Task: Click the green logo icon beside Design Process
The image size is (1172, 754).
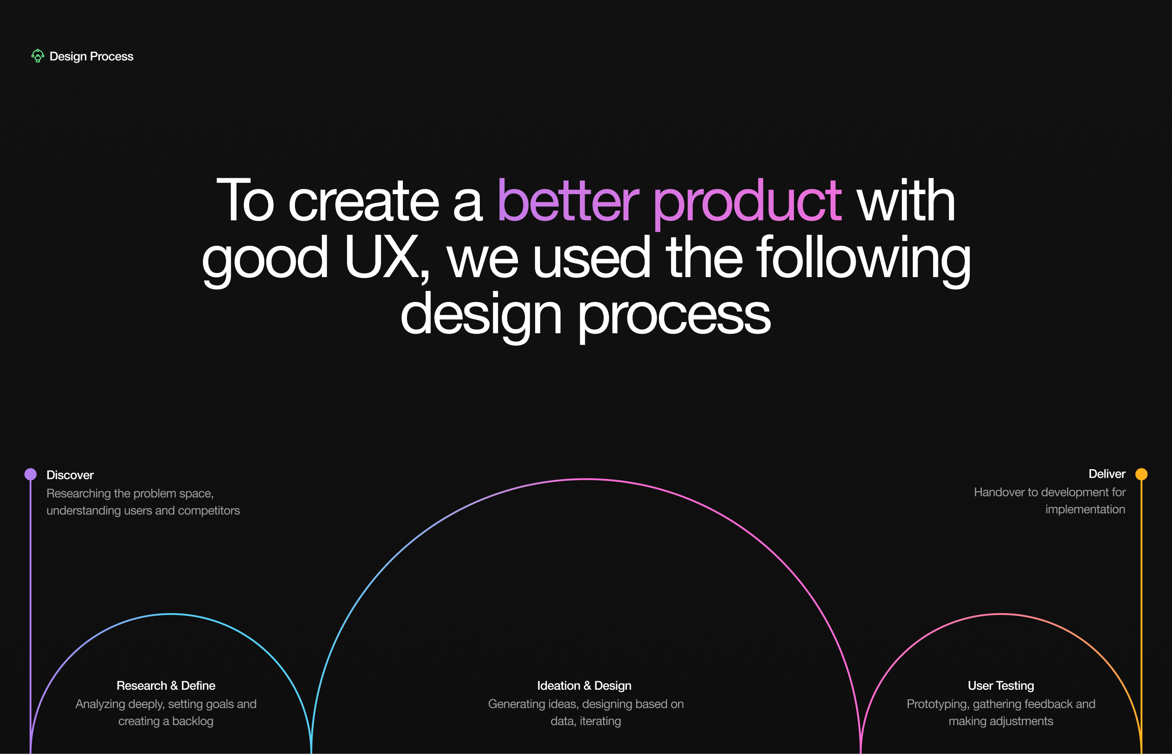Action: (38, 56)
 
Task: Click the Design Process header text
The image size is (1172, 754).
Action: (92, 56)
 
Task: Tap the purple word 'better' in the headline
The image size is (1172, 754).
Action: (568, 200)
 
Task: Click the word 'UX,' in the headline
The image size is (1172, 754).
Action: (387, 258)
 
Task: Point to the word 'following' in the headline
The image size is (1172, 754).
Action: (864, 260)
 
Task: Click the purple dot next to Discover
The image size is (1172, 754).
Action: (31, 474)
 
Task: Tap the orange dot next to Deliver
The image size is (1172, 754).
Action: (1141, 474)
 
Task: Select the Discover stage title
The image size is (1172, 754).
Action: (70, 475)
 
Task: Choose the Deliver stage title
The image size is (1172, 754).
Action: (1107, 474)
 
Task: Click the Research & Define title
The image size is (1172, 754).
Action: (166, 686)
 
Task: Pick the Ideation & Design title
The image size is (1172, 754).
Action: (584, 686)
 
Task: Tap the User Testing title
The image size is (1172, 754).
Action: (1001, 686)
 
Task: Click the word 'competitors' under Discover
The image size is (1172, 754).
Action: (209, 511)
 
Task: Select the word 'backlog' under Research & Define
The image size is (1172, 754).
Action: (193, 721)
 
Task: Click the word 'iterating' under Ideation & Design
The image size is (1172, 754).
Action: (600, 721)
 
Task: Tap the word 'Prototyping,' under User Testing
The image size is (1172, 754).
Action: (938, 704)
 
